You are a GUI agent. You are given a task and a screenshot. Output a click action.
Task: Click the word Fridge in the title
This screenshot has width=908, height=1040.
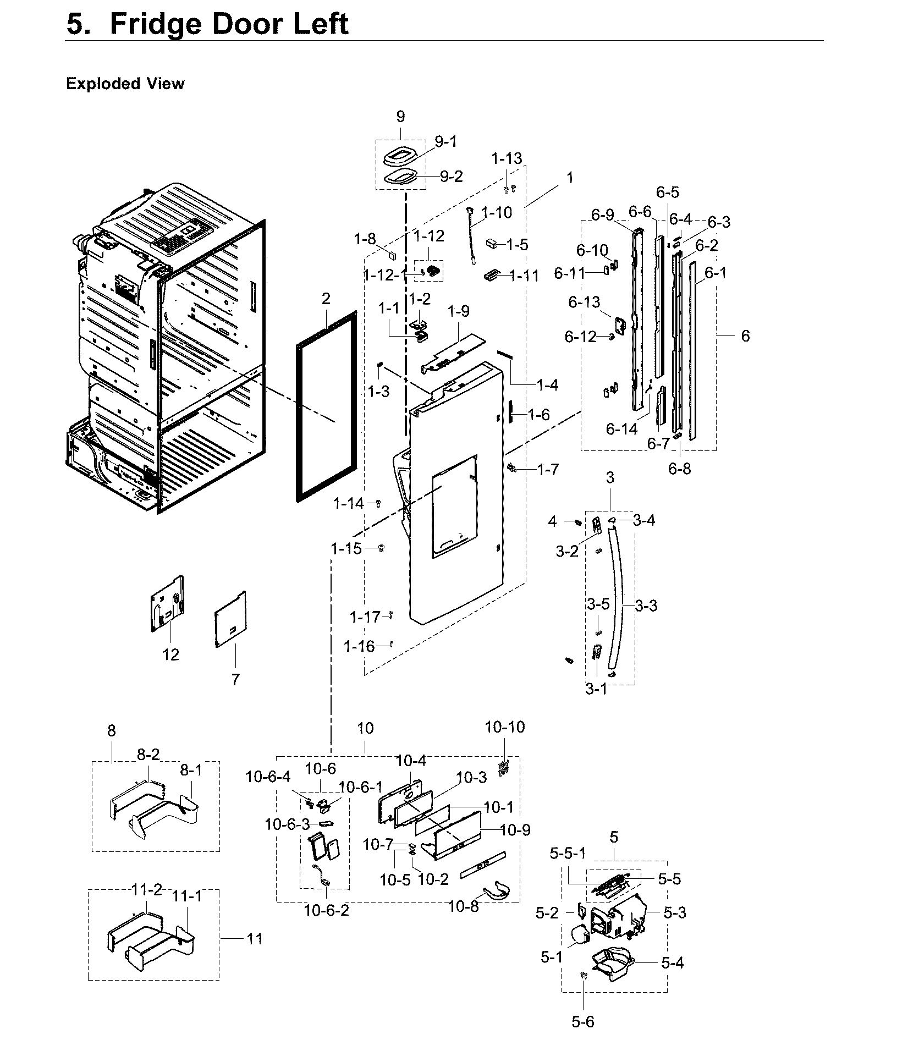point(155,24)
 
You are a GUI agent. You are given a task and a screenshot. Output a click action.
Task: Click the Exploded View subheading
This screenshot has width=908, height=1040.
point(125,84)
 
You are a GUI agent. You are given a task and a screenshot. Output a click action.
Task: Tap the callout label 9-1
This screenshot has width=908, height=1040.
point(445,142)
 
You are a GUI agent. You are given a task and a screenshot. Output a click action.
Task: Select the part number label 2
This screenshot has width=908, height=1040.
point(326,299)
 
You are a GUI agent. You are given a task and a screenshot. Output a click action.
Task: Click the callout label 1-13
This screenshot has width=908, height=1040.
point(507,158)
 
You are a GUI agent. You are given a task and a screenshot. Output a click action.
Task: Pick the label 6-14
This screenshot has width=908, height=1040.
point(621,429)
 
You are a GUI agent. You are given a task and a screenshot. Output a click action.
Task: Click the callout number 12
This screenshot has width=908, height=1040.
point(171,654)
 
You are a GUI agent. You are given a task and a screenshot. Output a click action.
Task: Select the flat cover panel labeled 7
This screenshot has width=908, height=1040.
point(230,619)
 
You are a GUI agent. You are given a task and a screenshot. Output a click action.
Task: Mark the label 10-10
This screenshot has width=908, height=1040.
point(504,727)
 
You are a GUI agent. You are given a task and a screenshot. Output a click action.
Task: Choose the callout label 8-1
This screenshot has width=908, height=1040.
point(191,770)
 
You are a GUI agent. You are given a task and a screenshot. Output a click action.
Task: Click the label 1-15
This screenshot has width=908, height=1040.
point(346,548)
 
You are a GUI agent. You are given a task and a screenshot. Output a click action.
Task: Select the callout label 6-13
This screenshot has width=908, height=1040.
point(584,302)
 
